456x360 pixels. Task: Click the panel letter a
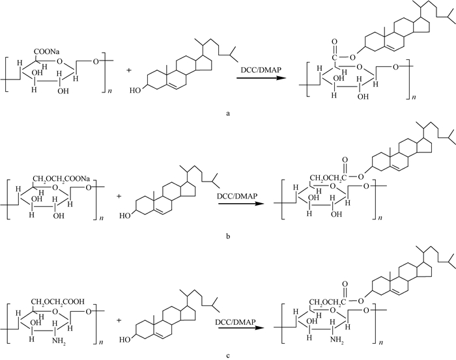[227, 113]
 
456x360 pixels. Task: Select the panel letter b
[227, 236]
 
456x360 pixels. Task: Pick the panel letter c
[227, 353]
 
